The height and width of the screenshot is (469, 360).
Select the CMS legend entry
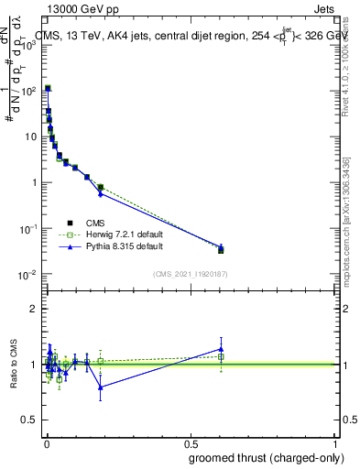pos(95,223)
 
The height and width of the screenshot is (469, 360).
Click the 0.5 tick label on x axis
pos(191,443)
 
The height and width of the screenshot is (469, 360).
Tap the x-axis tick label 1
pos(336,443)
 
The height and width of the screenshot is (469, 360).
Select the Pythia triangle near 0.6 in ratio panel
pos(221,348)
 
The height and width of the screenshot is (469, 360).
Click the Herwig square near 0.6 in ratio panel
pos(221,356)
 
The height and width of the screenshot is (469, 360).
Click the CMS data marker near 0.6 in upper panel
pos(221,250)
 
